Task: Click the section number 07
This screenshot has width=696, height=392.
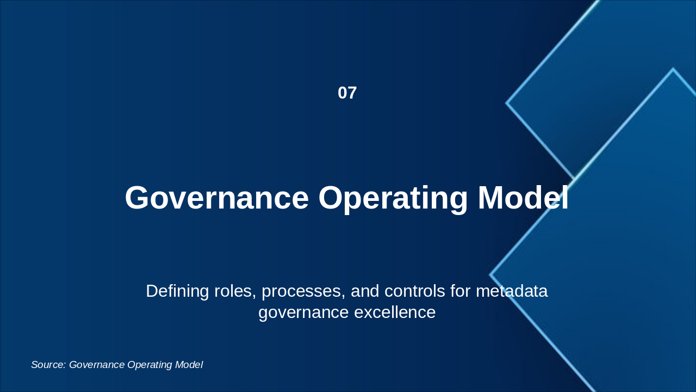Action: click(x=347, y=93)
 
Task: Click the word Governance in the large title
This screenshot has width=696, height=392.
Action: click(x=217, y=198)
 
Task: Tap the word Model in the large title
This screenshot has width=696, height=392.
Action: click(x=523, y=198)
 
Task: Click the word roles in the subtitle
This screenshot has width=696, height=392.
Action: click(x=235, y=292)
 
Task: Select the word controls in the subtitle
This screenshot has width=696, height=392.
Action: click(x=415, y=291)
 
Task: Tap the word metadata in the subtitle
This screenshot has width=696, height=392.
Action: click(x=512, y=291)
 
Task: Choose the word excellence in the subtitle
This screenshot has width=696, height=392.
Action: click(x=395, y=312)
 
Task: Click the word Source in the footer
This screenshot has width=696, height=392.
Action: click(x=48, y=365)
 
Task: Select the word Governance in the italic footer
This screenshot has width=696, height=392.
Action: click(x=97, y=365)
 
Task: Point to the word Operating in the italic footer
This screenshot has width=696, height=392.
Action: click(x=150, y=365)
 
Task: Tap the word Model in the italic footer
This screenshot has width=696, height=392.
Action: click(x=189, y=365)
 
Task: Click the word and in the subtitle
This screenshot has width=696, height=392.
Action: click(x=365, y=291)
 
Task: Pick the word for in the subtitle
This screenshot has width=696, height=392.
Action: click(x=461, y=291)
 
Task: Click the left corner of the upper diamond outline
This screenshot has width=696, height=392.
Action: click(x=506, y=103)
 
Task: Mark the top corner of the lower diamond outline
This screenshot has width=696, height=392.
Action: click(x=673, y=69)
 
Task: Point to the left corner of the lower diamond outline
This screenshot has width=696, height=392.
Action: click(x=490, y=275)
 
